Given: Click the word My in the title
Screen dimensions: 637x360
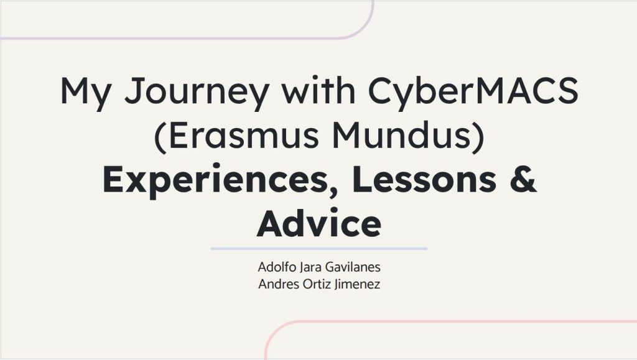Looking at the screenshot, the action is coord(85,93).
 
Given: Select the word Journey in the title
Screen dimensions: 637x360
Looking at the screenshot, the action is coord(197,93).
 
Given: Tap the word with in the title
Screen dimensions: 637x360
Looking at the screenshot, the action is coord(318,90).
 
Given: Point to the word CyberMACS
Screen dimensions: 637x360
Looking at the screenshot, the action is coord(473,93).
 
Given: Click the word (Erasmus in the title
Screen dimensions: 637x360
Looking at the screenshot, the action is coord(236,136).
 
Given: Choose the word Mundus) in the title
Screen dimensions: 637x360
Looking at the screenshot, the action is coord(408,136).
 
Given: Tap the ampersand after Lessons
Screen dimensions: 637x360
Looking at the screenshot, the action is coord(523,179).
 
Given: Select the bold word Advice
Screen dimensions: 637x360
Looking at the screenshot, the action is coord(319,223).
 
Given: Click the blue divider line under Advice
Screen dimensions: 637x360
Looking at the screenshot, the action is coord(319,248).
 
